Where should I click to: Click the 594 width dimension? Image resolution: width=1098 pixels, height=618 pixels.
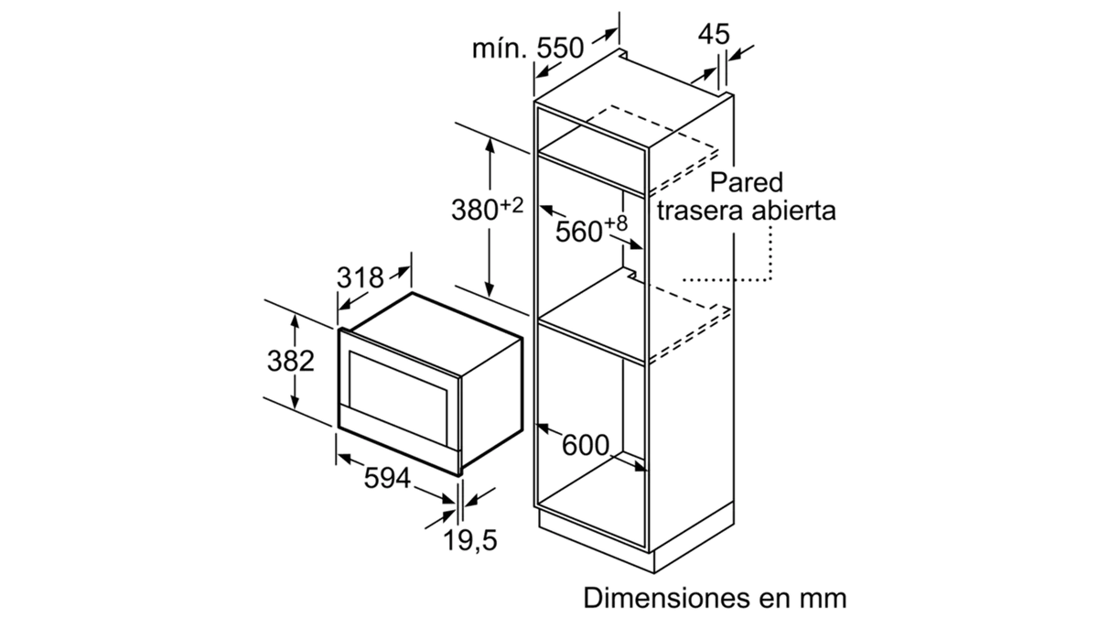(387, 478)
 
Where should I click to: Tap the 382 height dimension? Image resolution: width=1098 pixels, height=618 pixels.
(291, 361)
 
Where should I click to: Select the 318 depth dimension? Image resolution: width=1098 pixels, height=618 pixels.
(360, 278)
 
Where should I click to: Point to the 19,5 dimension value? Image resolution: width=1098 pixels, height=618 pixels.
(470, 540)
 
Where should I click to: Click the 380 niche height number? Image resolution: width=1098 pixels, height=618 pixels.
(475, 210)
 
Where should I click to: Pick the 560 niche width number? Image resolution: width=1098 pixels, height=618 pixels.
(579, 232)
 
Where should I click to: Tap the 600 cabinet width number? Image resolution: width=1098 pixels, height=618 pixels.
(586, 445)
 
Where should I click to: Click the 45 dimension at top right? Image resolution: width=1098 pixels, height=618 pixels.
(715, 35)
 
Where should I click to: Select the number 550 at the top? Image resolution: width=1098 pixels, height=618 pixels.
(560, 48)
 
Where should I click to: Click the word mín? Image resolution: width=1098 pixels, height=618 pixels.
(501, 48)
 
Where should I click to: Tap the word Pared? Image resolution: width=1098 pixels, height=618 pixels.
(747, 182)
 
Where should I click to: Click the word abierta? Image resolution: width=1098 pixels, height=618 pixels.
(794, 211)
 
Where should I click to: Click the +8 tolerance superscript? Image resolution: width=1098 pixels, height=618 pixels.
(616, 223)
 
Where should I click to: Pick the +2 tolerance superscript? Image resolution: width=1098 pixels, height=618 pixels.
(511, 205)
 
